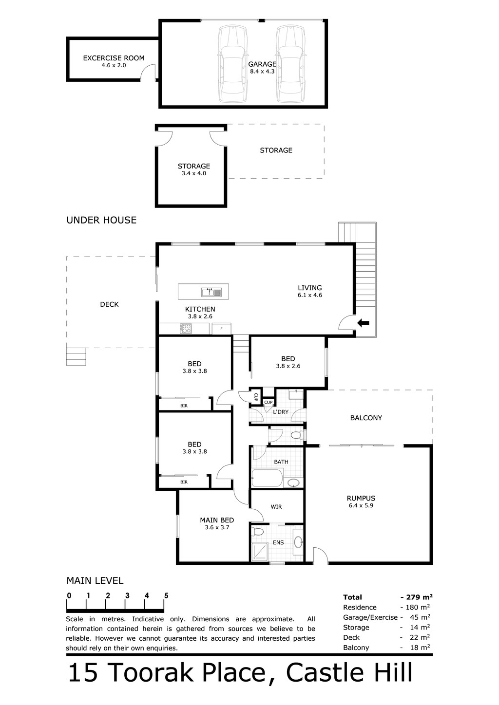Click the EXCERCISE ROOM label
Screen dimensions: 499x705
pyautogui.click(x=114, y=58)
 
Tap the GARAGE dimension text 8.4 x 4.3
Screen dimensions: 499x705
pyautogui.click(x=262, y=72)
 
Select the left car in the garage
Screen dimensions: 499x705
pyautogui.click(x=233, y=64)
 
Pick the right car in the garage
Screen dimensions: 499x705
pyautogui.click(x=291, y=64)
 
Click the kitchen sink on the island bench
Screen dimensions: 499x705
pyautogui.click(x=211, y=293)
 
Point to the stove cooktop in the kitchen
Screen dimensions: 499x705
pyautogui.click(x=185, y=329)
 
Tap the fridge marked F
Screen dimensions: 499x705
pyautogui.click(x=221, y=329)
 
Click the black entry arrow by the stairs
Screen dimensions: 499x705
pyautogui.click(x=363, y=323)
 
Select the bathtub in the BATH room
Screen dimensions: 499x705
pyautogui.click(x=267, y=479)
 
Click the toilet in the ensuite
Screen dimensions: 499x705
pyautogui.click(x=258, y=532)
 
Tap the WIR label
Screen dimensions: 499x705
pyautogui.click(x=276, y=507)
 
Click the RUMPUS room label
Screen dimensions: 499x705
pyautogui.click(x=361, y=498)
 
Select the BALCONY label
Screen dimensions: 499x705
pyautogui.click(x=366, y=418)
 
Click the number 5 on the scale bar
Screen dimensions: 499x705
pyautogui.click(x=166, y=595)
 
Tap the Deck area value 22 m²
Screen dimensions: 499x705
pyautogui.click(x=420, y=637)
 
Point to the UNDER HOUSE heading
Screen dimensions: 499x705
pyautogui.click(x=101, y=220)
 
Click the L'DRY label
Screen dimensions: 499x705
pyautogui.click(x=281, y=412)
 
